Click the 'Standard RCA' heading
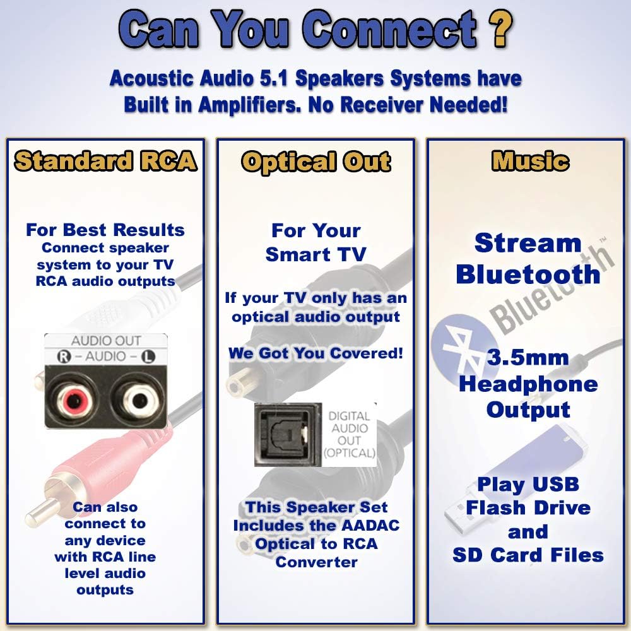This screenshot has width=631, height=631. [105, 162]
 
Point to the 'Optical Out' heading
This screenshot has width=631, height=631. [315, 162]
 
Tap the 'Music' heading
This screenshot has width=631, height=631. [530, 162]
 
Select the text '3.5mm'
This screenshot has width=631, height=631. [528, 358]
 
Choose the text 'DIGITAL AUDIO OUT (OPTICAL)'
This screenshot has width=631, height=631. [349, 435]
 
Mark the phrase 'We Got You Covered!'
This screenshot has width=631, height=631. [315, 353]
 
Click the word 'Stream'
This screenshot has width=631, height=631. [528, 243]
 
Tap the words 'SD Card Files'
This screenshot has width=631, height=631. [528, 555]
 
